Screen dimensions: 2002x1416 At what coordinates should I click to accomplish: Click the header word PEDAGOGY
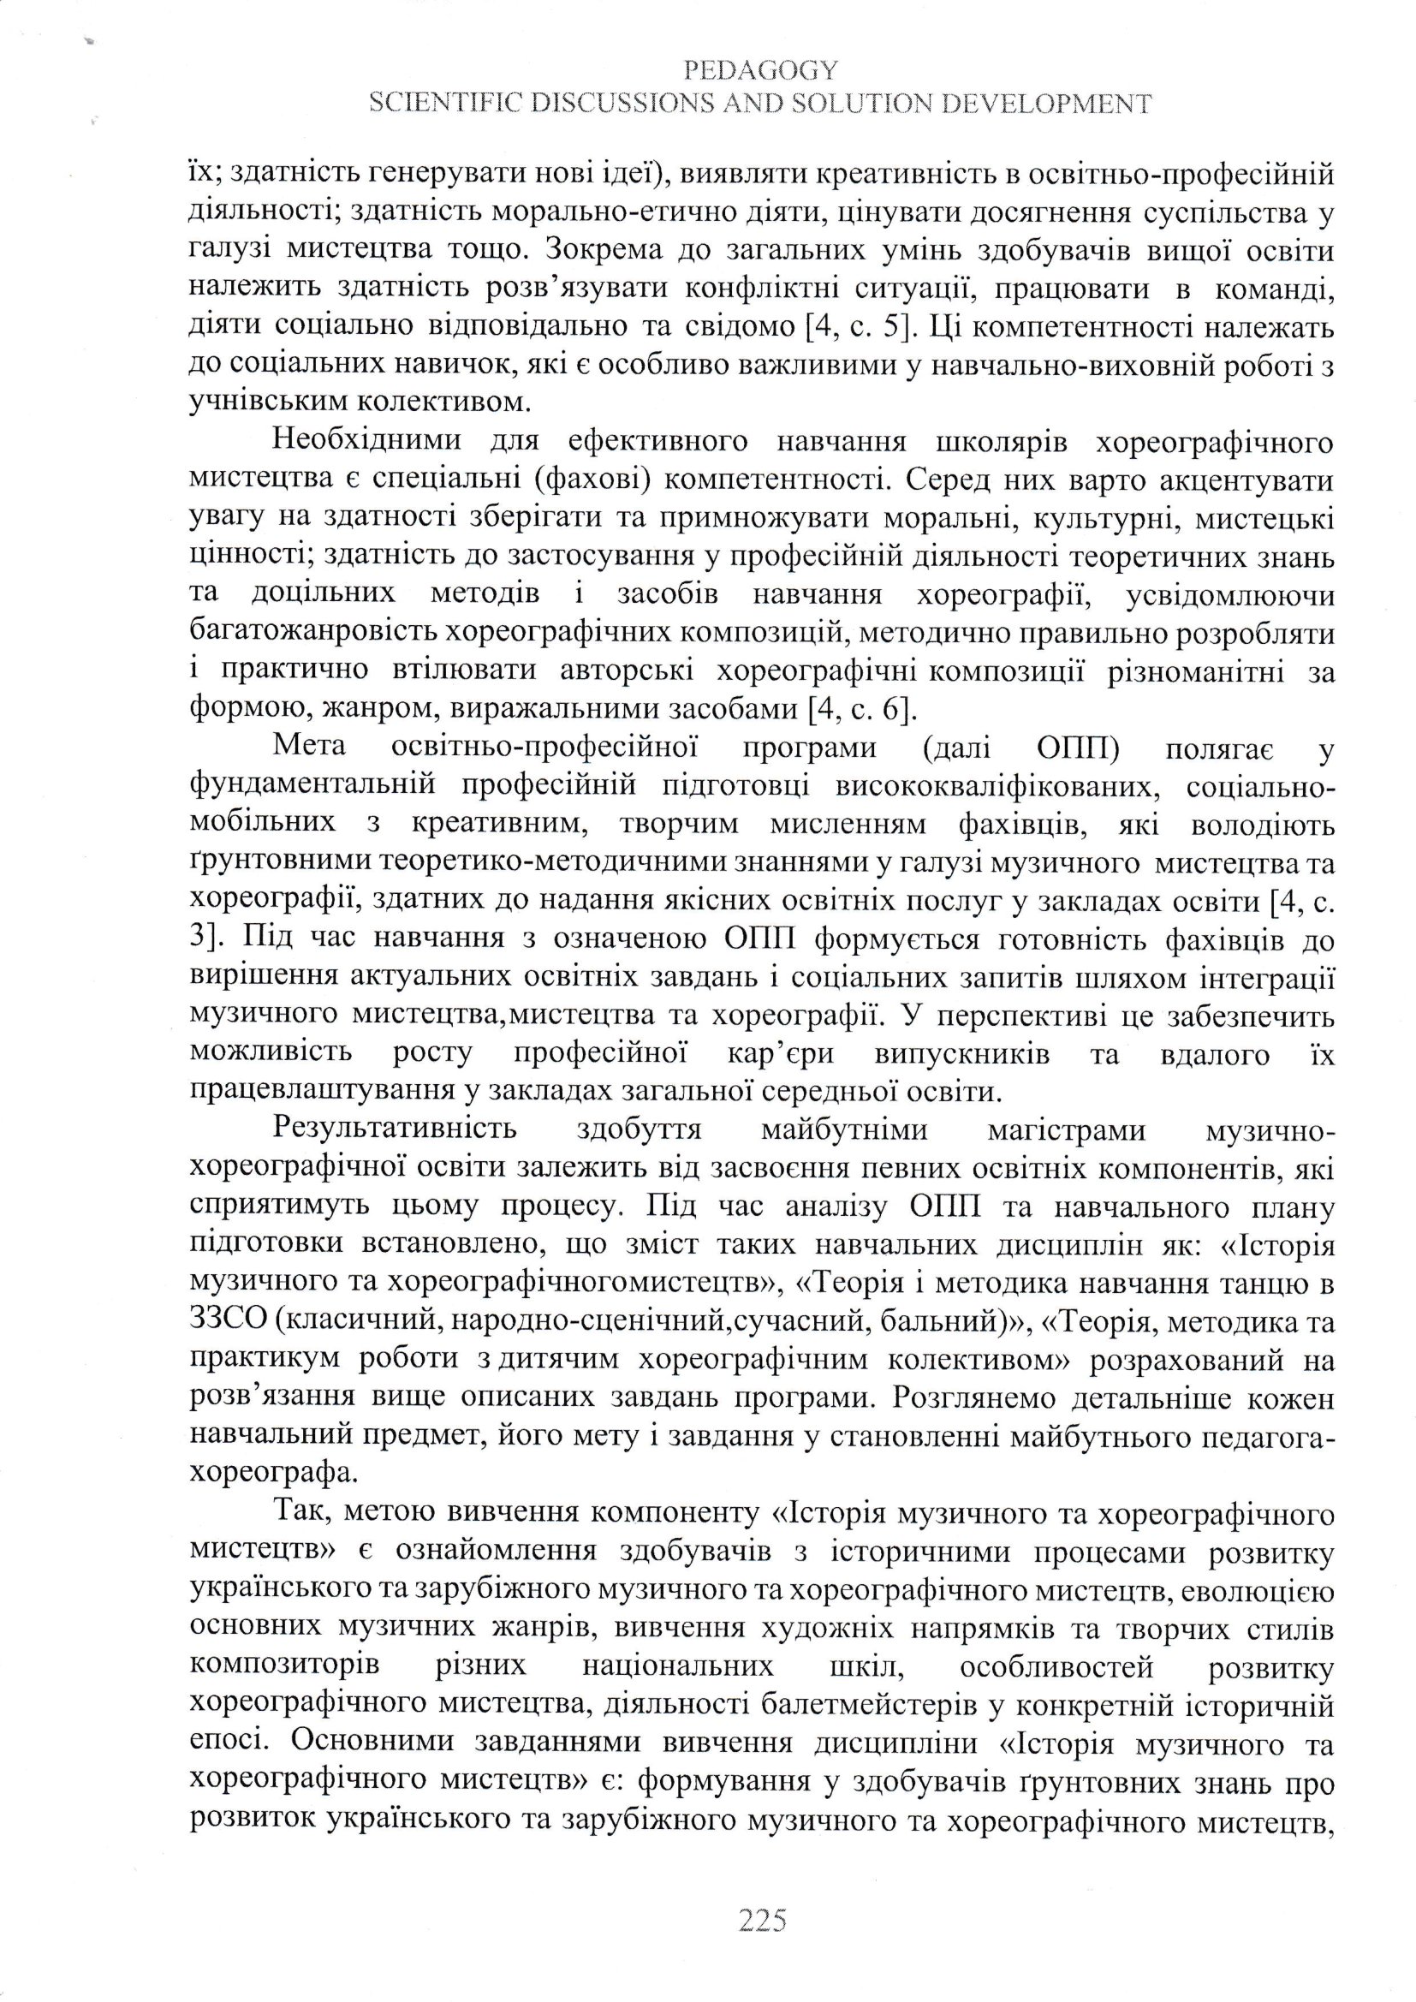click(x=761, y=69)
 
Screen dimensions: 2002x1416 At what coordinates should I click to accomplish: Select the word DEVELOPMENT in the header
click(x=1044, y=104)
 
